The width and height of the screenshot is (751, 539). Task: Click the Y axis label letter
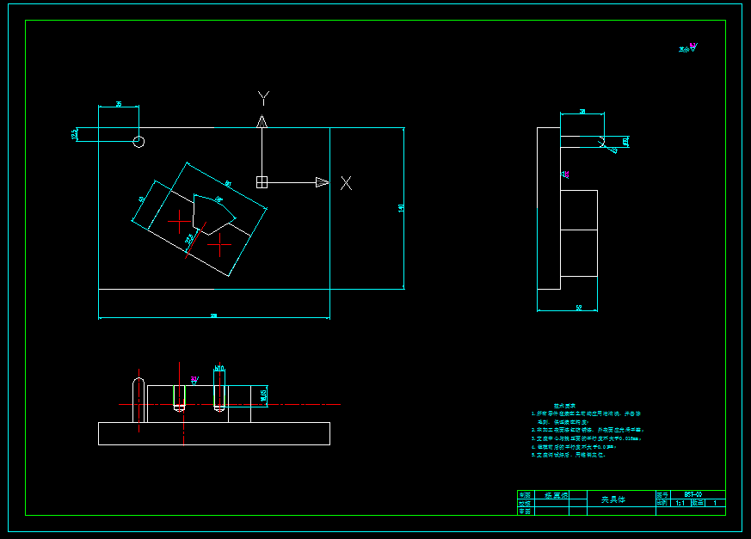(x=264, y=97)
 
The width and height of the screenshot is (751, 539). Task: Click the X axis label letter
(x=346, y=182)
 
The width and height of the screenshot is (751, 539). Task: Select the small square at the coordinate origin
(x=262, y=181)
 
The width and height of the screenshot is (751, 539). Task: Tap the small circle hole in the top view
(x=139, y=141)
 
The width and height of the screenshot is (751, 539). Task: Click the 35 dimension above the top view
(x=119, y=104)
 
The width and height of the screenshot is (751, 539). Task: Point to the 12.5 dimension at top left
(x=75, y=133)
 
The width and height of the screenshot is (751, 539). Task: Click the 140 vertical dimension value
(x=401, y=208)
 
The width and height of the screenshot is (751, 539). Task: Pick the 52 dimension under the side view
(x=579, y=307)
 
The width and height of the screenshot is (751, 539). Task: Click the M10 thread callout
(x=219, y=368)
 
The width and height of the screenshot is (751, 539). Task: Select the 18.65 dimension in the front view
(x=264, y=394)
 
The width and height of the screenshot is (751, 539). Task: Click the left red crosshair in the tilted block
(x=179, y=222)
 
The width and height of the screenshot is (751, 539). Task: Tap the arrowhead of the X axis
(x=322, y=181)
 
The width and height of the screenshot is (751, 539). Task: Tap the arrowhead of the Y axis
(x=262, y=122)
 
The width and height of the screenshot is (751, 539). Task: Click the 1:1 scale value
(x=680, y=503)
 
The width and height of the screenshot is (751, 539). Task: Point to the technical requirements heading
(x=563, y=405)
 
